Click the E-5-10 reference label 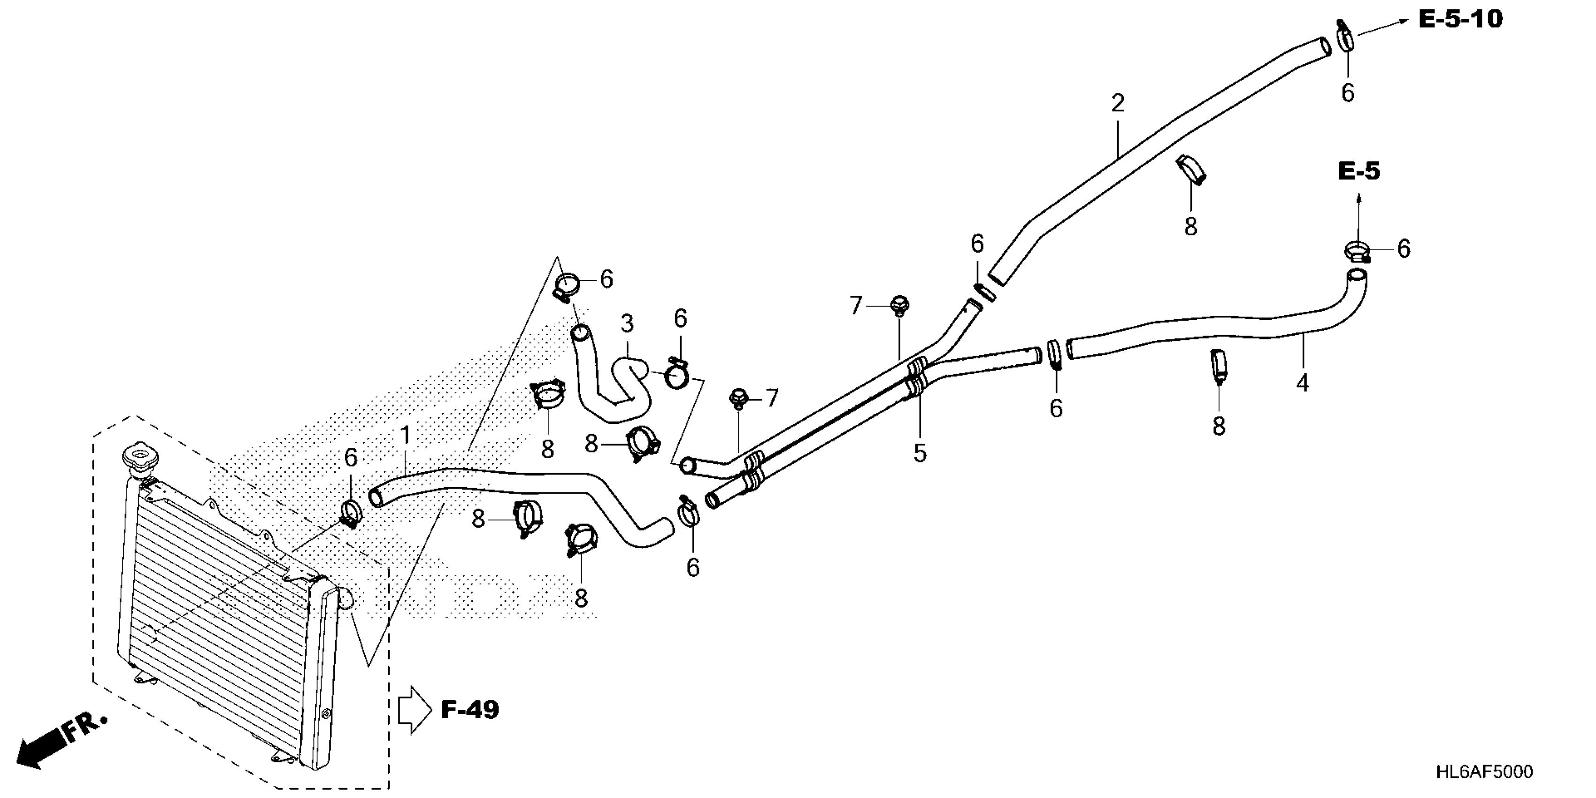point(1460,20)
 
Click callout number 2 point(1117,103)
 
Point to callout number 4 point(1302,384)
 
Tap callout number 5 point(920,453)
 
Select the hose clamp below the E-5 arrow point(1356,252)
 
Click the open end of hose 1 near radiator point(375,497)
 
